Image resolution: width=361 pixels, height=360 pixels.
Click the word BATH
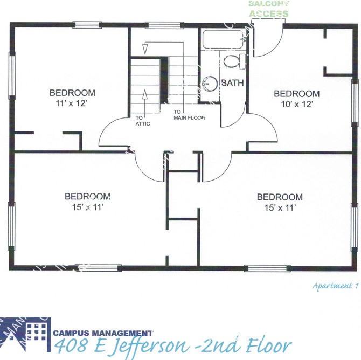(232, 84)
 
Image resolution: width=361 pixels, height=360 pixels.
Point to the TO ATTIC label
(143, 120)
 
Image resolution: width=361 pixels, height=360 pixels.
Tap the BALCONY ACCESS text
(268, 9)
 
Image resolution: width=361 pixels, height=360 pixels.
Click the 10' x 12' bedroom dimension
(294, 103)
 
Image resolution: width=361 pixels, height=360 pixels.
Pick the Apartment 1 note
(335, 286)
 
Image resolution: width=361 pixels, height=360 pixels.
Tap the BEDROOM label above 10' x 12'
(296, 94)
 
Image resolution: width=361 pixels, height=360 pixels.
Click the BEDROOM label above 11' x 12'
(72, 93)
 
